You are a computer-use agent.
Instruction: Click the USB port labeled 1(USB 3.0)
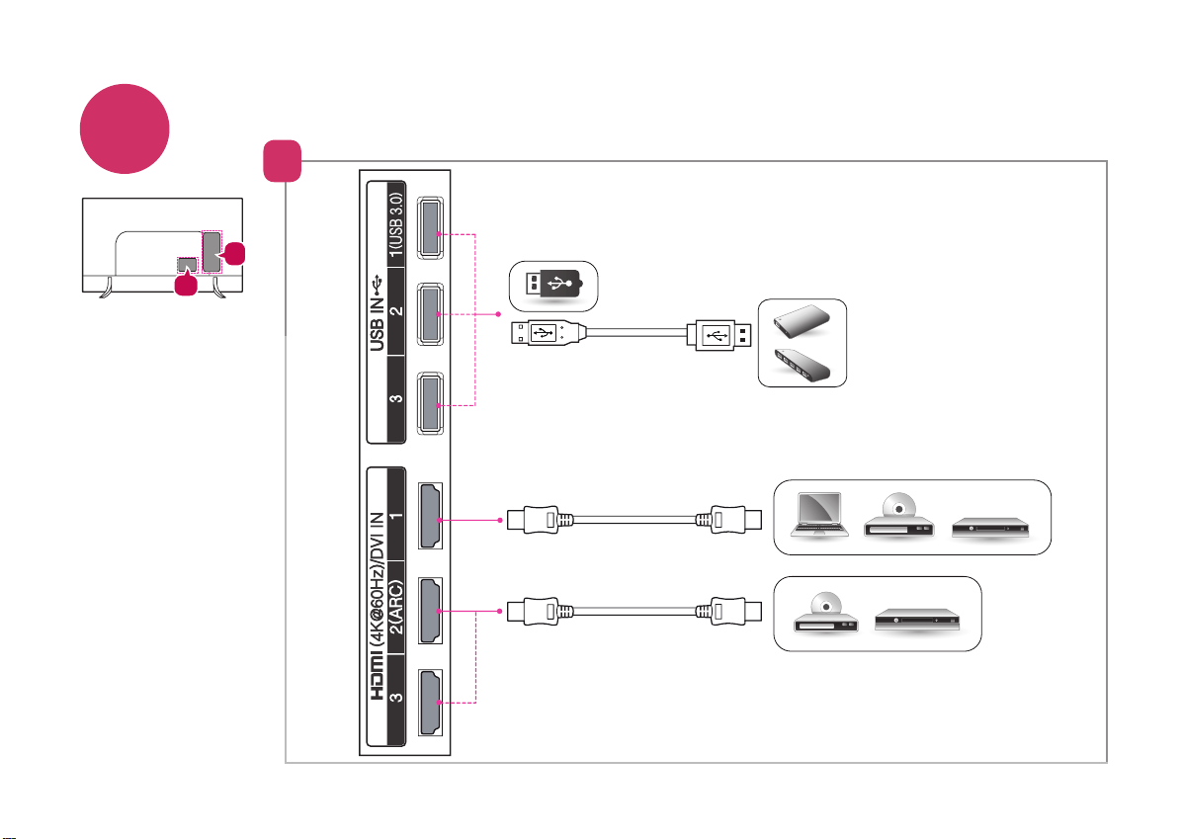point(430,228)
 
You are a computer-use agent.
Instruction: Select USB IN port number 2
point(430,314)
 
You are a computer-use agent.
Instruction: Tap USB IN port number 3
point(430,402)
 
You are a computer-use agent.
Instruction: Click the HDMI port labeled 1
point(430,516)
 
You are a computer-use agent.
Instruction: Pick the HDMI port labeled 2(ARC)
point(430,611)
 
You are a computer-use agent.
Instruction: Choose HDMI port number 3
point(430,702)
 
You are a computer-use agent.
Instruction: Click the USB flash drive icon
point(553,285)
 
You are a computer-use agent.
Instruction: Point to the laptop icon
point(819,515)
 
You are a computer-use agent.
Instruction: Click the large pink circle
point(125,129)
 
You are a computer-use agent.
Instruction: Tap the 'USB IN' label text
point(377,324)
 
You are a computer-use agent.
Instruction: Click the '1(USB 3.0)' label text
point(396,225)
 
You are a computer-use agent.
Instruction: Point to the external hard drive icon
point(802,321)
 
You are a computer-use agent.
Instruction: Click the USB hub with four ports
point(802,365)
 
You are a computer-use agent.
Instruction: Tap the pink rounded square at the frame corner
point(283,161)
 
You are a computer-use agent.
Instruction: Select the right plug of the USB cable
point(718,333)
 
